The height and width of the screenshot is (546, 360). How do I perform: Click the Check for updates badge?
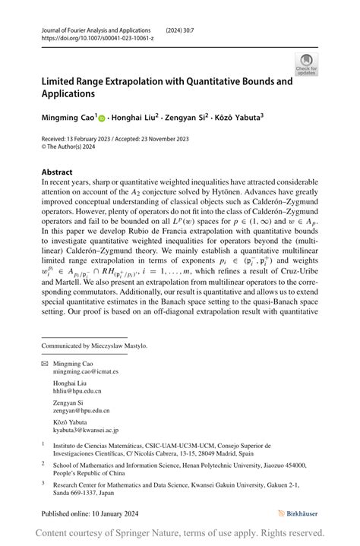click(307, 64)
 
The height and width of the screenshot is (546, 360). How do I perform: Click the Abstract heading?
click(57, 172)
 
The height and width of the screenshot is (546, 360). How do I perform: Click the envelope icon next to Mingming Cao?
click(45, 365)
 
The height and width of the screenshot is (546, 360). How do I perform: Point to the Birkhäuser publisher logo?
click(298, 513)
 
